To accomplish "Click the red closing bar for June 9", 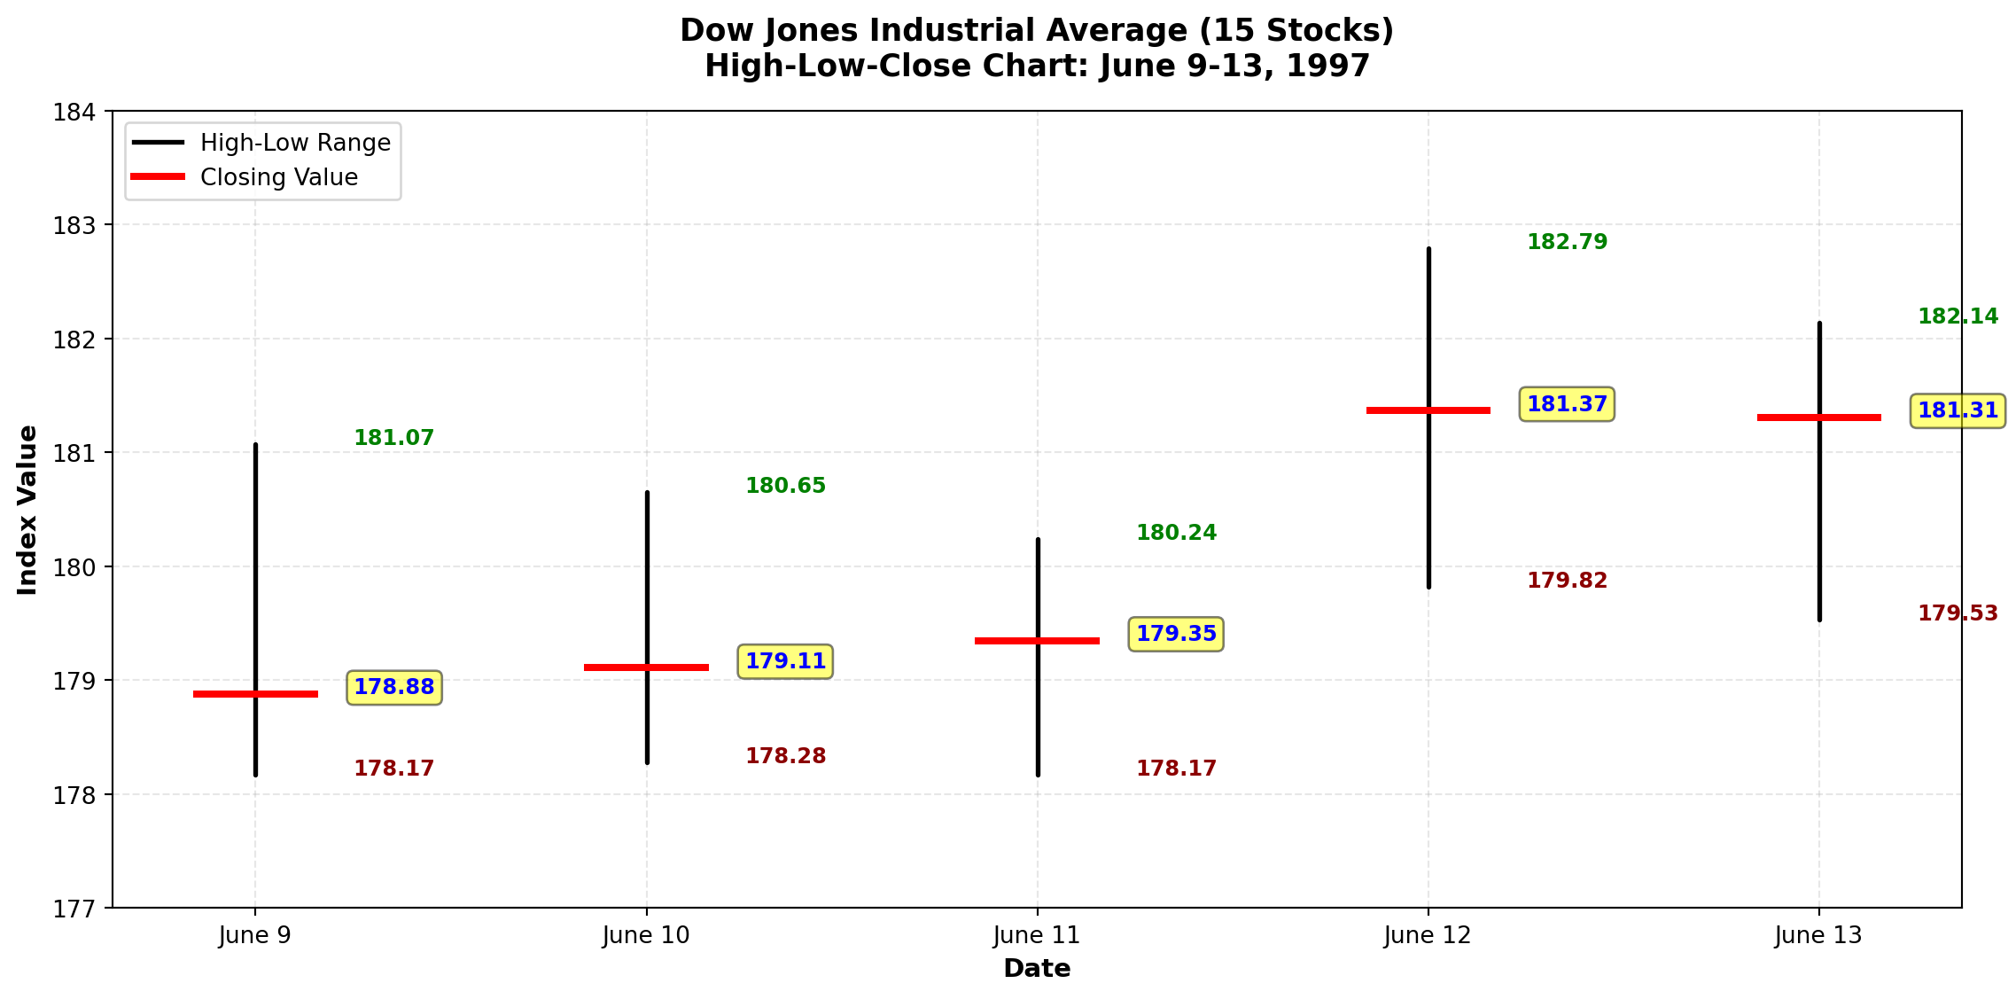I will coord(222,694).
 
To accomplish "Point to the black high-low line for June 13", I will coord(1819,532).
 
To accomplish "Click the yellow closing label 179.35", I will coord(1176,635).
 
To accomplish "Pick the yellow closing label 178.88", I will coord(393,688).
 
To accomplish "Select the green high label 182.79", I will coord(1567,242).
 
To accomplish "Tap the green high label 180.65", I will coord(785,486).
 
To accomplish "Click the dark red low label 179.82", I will coord(1567,581).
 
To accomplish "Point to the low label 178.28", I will coord(785,756).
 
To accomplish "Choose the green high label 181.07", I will coord(393,438).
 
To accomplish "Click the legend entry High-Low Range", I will coord(295,143).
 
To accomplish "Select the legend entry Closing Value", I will coord(279,177).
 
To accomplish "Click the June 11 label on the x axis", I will coord(1037,935).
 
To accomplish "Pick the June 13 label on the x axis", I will coord(1818,935).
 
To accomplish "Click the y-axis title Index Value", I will coord(27,510).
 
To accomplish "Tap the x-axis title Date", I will coord(1037,969).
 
